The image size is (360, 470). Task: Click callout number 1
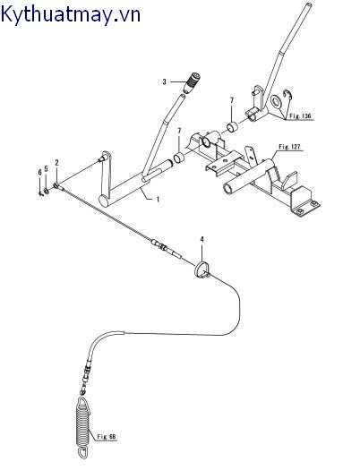[x=158, y=199]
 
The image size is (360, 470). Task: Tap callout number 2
[x=57, y=163]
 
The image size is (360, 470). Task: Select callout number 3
[x=164, y=81]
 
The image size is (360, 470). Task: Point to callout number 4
[x=202, y=240]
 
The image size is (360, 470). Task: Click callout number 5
[x=46, y=169]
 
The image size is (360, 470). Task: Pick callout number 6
[x=39, y=173]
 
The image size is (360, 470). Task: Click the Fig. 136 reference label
[x=300, y=116]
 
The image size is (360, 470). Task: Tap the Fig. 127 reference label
[x=289, y=147]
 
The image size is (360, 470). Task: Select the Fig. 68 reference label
[x=107, y=437]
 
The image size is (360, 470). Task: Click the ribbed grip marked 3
[x=192, y=83]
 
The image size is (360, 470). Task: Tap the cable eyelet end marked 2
[x=58, y=186]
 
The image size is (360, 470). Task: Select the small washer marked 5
[x=47, y=191]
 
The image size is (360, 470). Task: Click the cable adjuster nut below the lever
[x=161, y=246]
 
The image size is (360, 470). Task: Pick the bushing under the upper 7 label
[x=232, y=127]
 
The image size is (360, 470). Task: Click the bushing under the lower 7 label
[x=180, y=158]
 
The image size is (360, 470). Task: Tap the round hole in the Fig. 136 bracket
[x=276, y=102]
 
